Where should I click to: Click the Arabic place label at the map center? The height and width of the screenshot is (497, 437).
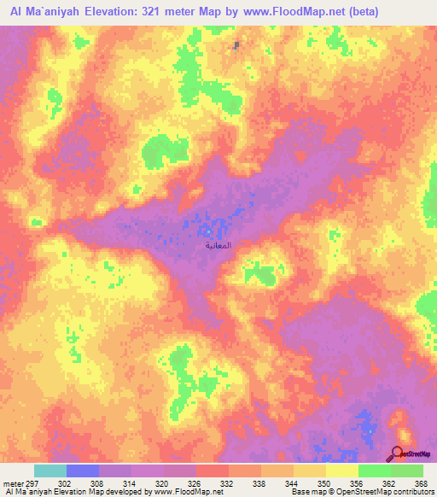click(218, 245)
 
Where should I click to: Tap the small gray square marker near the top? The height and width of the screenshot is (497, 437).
click(236, 45)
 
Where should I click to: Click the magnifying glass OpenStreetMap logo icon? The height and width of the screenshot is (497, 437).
click(397, 453)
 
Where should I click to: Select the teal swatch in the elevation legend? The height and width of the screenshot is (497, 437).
click(50, 471)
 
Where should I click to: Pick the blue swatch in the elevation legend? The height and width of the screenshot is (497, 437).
click(82, 471)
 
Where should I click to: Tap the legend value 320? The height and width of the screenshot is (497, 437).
click(160, 483)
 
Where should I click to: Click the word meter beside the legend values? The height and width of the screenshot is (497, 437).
click(11, 483)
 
